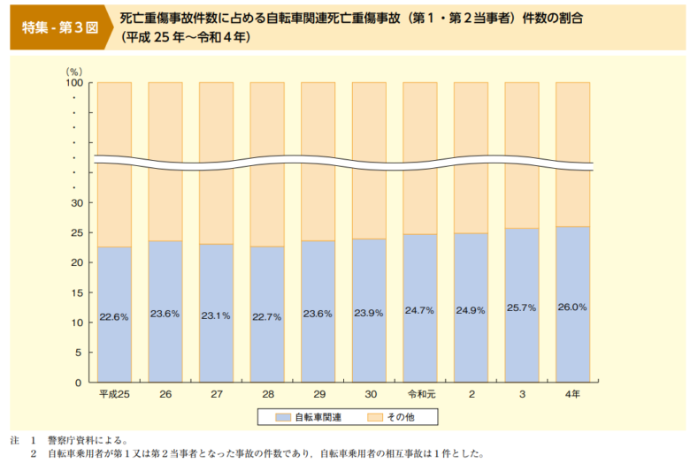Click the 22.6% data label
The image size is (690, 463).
click(115, 316)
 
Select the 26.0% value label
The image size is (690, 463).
click(572, 307)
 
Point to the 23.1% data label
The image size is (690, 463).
click(216, 315)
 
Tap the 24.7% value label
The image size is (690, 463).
click(419, 310)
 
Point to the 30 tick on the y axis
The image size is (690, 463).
click(77, 203)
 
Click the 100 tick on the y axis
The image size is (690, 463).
click(73, 83)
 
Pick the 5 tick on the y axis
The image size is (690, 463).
click(80, 353)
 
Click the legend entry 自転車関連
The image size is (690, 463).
click(309, 415)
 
